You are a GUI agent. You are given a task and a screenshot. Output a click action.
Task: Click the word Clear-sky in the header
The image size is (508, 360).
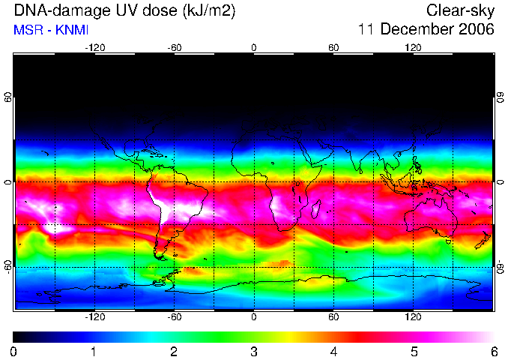pos(460,10)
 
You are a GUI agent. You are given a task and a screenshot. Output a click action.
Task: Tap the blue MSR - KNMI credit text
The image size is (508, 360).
pos(51,30)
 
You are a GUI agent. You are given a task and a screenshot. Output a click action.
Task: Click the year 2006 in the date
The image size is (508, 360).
pos(477,29)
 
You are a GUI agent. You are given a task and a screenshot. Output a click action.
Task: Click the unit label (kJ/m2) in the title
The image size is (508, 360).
pos(209,11)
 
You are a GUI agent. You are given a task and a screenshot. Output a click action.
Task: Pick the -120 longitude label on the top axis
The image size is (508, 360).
pos(95,48)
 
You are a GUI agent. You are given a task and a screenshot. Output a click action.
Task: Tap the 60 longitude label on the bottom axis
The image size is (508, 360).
pos(333,316)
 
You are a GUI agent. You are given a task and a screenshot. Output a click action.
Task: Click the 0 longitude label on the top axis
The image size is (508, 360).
pos(254,48)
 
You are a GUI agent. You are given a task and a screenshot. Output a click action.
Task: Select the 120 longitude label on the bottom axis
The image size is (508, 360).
pos(413,316)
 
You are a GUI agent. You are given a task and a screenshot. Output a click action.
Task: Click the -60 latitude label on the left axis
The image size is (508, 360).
pos(8,267)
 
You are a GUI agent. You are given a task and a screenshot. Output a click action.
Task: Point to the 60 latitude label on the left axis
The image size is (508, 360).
pos(8,97)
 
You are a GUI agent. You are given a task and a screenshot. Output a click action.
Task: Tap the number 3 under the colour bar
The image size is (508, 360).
pos(254,352)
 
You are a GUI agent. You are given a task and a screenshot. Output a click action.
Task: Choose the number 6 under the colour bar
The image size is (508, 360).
pos(494,352)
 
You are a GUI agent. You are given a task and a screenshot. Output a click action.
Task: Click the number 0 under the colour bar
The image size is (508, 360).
pos(13,352)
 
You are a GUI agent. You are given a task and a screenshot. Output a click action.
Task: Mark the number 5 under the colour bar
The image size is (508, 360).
pos(414,352)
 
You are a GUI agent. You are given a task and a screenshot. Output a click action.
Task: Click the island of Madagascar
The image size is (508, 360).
pos(316,208)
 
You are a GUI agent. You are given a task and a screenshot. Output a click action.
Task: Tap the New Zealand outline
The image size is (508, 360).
pos(483,240)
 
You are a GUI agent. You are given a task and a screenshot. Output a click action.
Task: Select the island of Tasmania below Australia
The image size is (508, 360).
pos(448,241)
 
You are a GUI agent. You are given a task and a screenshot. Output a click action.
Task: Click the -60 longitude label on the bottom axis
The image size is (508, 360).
pos(175,316)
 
